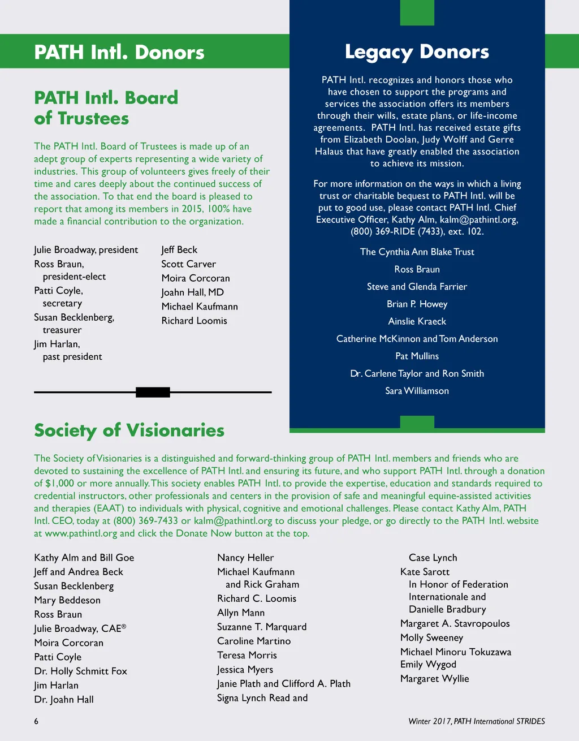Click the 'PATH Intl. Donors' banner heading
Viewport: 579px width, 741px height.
pyautogui.click(x=119, y=52)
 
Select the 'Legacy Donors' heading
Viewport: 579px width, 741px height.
pyautogui.click(x=417, y=52)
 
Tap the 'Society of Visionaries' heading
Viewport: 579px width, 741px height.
pyautogui.click(x=129, y=430)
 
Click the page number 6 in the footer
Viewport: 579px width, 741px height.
pyautogui.click(x=36, y=721)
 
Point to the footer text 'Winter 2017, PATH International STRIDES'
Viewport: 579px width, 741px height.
pyautogui.click(x=476, y=721)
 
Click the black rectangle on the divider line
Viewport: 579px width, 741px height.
pyautogui.click(x=153, y=392)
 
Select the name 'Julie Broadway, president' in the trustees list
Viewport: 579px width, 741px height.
pyautogui.click(x=86, y=250)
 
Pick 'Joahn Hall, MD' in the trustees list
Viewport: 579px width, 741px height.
pyautogui.click(x=192, y=292)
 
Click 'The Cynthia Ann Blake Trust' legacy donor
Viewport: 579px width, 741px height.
pyautogui.click(x=417, y=252)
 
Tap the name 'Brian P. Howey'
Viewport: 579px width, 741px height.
pyautogui.click(x=417, y=304)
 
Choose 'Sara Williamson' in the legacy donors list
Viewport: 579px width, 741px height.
pyautogui.click(x=417, y=391)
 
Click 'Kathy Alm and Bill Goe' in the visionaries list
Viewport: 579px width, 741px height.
pyautogui.click(x=84, y=558)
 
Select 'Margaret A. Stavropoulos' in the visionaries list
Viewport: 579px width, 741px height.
pyautogui.click(x=455, y=623)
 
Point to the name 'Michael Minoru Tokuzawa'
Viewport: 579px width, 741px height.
pyautogui.click(x=455, y=652)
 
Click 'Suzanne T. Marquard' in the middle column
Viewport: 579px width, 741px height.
pyautogui.click(x=261, y=627)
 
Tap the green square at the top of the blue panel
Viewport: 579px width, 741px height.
pyautogui.click(x=417, y=12)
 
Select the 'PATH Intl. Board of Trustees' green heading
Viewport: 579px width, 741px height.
pyautogui.click(x=106, y=108)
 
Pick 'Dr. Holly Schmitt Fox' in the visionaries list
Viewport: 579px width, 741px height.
pyautogui.click(x=80, y=671)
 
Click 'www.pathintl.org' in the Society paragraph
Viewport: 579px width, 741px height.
pyautogui.click(x=81, y=533)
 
